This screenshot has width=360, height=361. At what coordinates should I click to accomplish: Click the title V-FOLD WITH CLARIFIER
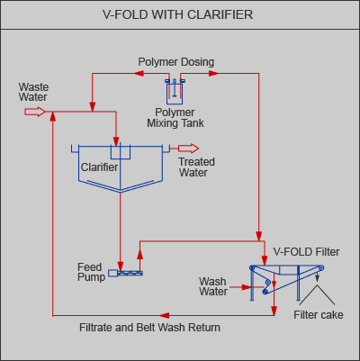pyautogui.click(x=177, y=14)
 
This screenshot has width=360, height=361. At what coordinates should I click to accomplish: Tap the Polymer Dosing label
pyautogui.click(x=176, y=62)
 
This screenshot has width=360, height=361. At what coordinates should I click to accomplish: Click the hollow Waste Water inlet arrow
pyautogui.click(x=35, y=112)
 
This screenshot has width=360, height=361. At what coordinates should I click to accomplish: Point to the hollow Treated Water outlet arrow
pyautogui.click(x=188, y=149)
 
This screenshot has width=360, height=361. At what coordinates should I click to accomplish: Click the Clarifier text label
pyautogui.click(x=99, y=167)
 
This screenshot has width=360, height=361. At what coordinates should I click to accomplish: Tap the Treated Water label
pyautogui.click(x=196, y=167)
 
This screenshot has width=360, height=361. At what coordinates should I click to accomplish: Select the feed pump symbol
pyautogui.click(x=125, y=273)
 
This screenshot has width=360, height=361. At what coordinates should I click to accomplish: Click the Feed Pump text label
pyautogui.click(x=91, y=272)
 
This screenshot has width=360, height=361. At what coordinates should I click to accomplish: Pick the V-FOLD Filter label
pyautogui.click(x=306, y=252)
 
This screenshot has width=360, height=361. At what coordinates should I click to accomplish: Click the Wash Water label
pyautogui.click(x=213, y=286)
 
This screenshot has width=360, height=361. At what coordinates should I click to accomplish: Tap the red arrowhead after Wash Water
pyautogui.click(x=246, y=287)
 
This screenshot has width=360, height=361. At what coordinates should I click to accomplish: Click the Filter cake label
pyautogui.click(x=319, y=315)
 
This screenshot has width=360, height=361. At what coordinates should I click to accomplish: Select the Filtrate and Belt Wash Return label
pyautogui.click(x=149, y=328)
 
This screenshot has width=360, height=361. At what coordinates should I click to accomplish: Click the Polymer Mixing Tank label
pyautogui.click(x=175, y=118)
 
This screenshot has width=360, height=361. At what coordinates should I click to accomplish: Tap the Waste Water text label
pyautogui.click(x=33, y=92)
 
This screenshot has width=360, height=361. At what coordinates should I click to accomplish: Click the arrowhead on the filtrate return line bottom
pyautogui.click(x=164, y=315)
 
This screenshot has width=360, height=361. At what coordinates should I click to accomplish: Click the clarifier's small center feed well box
pyautogui.click(x=121, y=152)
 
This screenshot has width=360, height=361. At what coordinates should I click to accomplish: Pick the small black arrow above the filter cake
pyautogui.click(x=317, y=277)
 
